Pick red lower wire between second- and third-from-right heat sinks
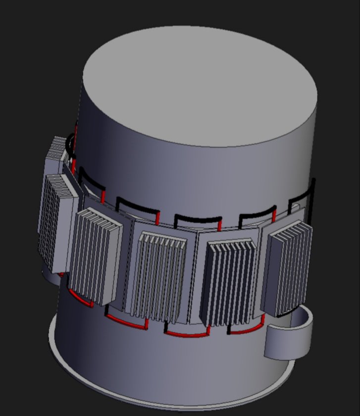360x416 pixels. (186, 334)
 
